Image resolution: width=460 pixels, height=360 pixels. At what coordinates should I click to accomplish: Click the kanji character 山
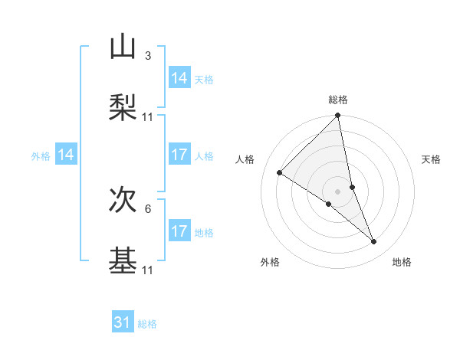tap(123, 47)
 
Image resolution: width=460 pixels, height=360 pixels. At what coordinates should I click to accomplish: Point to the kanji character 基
tap(123, 261)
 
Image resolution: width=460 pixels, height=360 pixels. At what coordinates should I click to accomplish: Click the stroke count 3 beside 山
tap(147, 56)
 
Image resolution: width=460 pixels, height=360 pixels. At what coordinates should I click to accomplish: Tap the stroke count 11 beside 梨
tap(148, 117)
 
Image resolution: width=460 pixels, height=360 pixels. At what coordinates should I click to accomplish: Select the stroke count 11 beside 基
tap(148, 270)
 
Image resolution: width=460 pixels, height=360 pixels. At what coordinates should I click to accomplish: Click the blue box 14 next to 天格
tap(179, 78)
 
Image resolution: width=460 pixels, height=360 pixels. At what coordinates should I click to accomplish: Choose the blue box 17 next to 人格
tap(179, 155)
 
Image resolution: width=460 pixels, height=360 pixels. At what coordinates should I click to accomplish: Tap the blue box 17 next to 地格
tap(179, 231)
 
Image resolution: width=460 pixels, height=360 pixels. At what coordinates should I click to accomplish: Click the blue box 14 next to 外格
tap(66, 155)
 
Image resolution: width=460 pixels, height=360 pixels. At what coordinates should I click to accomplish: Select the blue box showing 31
tap(123, 322)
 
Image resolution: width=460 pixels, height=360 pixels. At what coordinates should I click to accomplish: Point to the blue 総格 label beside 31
tap(147, 324)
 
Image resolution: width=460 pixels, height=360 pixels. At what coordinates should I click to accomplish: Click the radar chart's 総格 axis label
tap(338, 100)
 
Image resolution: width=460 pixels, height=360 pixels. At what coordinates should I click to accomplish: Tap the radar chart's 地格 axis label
tap(402, 262)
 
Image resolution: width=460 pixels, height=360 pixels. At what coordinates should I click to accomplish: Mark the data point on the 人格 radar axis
tap(280, 172)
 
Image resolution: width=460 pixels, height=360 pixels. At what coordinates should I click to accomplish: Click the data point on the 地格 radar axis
tap(374, 242)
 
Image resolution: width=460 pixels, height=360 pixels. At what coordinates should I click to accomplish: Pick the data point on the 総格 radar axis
tap(338, 116)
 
